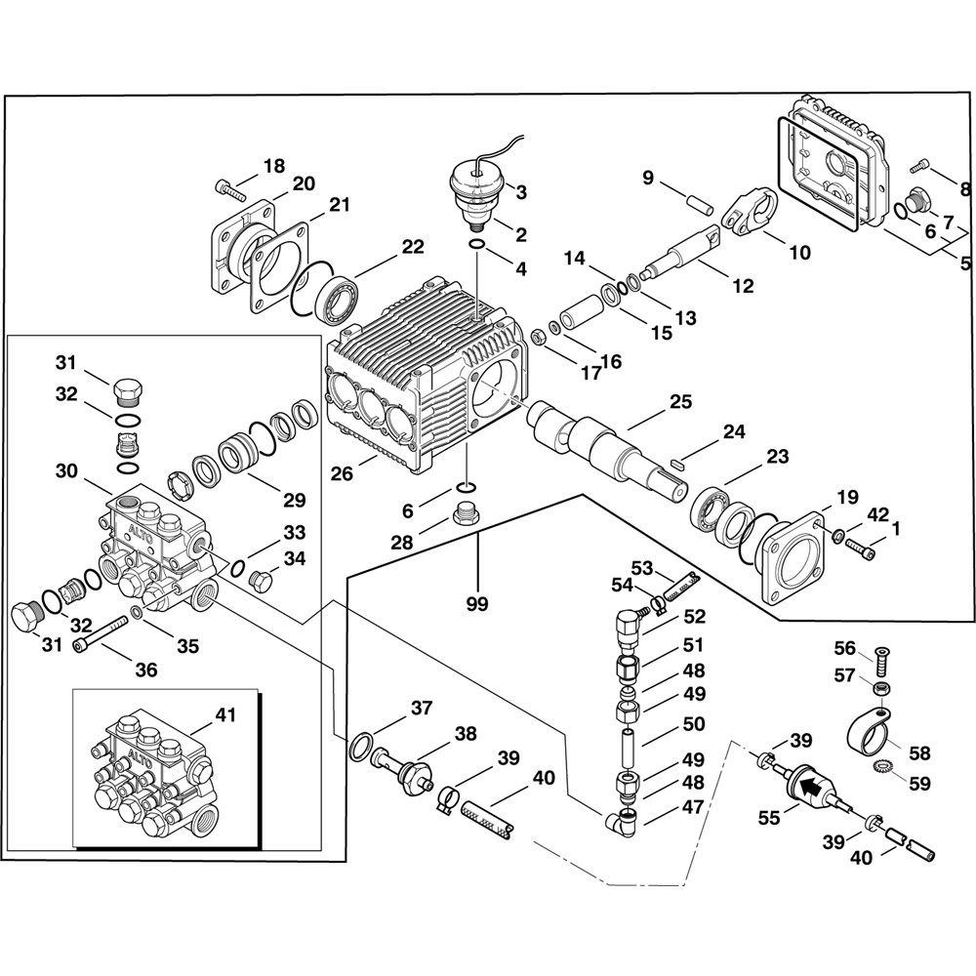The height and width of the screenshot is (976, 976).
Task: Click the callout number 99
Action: tap(476, 605)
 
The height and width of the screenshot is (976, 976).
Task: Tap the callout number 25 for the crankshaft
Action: tap(680, 401)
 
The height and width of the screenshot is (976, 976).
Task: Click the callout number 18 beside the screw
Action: tap(273, 165)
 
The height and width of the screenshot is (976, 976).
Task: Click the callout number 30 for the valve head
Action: tap(65, 469)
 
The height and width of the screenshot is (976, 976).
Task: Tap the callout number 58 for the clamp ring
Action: tap(919, 752)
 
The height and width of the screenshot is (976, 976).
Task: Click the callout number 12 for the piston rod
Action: tap(743, 286)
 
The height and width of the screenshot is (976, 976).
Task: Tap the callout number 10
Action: tap(798, 253)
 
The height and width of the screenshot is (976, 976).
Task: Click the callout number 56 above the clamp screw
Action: tap(843, 647)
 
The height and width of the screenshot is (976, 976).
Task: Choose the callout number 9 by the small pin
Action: tap(646, 178)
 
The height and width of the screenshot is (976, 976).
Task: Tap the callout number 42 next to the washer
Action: tap(877, 514)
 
